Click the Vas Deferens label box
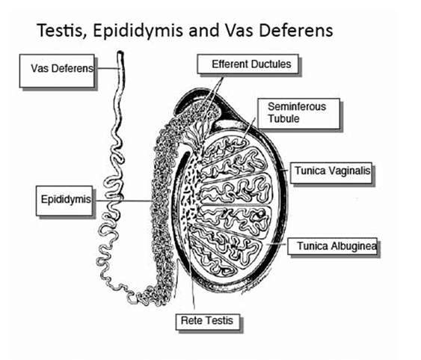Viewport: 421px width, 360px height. click(x=57, y=71)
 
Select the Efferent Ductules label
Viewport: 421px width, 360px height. click(x=248, y=64)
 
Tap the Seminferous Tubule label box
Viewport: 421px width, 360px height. click(x=299, y=113)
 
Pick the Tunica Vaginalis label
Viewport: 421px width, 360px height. click(x=331, y=173)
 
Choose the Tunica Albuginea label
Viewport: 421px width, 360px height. click(x=333, y=246)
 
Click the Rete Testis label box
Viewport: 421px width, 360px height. click(x=208, y=322)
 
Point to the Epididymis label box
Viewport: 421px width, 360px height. click(x=64, y=201)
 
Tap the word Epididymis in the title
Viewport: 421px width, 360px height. click(x=138, y=31)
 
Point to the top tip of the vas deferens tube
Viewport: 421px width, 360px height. click(x=120, y=52)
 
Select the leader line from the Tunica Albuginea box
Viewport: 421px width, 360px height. click(x=277, y=244)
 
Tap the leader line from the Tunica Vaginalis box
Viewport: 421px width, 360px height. click(x=285, y=170)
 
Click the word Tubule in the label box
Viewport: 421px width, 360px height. click(x=283, y=119)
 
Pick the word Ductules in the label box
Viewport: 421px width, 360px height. click(x=271, y=64)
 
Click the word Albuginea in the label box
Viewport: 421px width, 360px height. click(x=354, y=246)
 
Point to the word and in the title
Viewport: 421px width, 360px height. click(x=203, y=31)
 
